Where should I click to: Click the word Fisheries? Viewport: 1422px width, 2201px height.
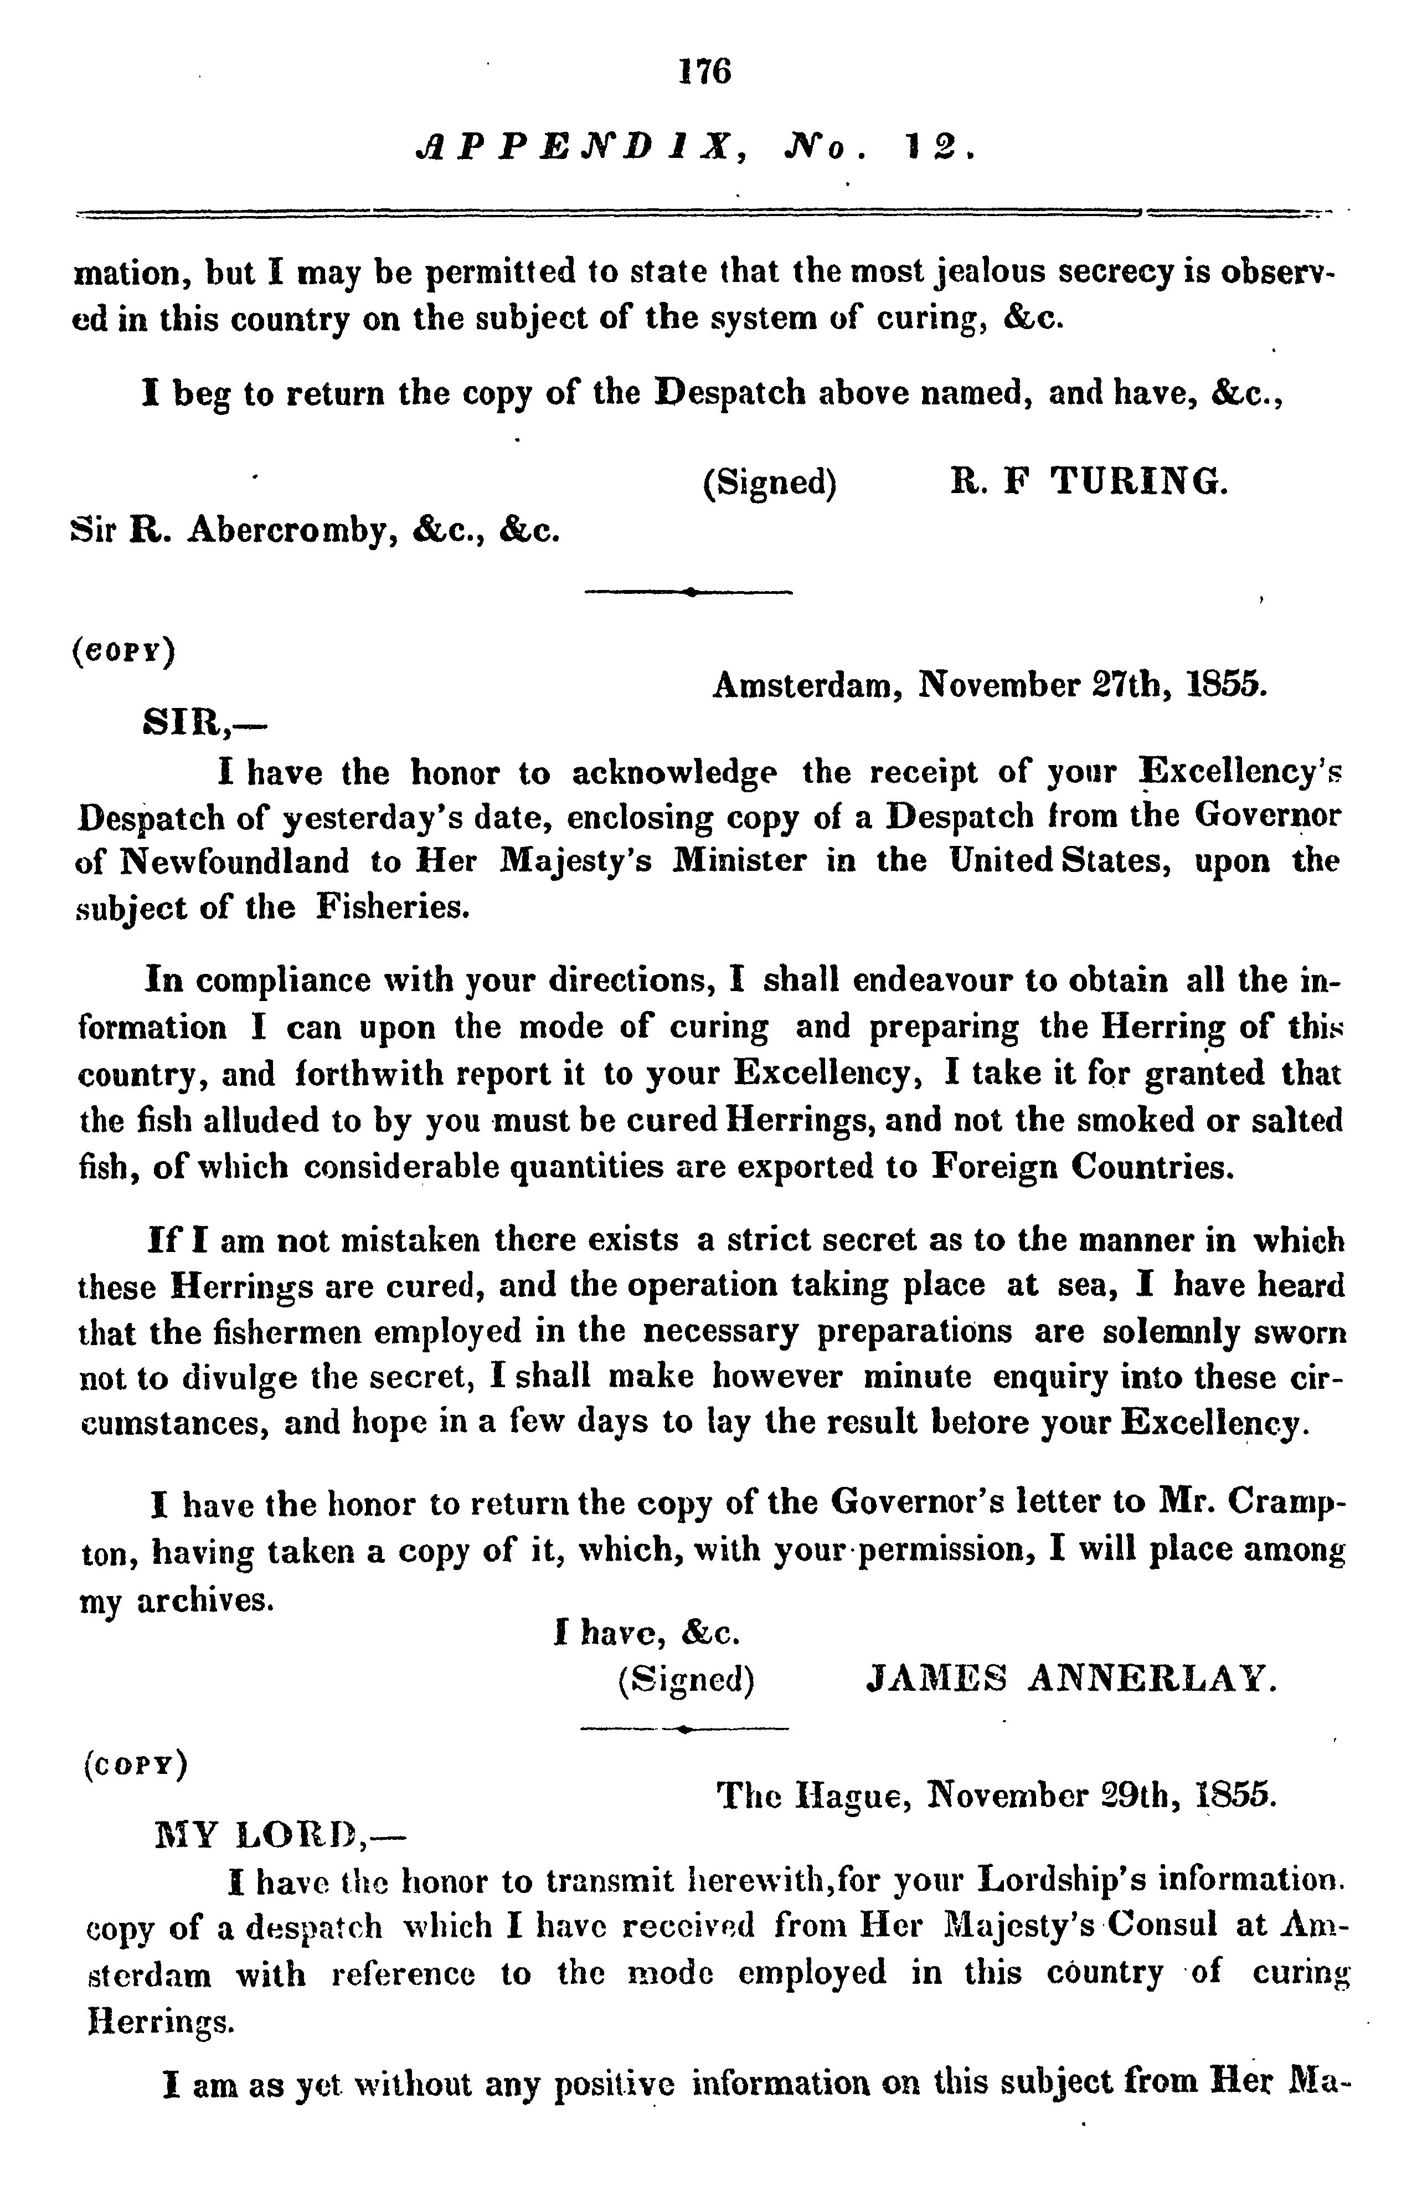[x=393, y=907]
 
